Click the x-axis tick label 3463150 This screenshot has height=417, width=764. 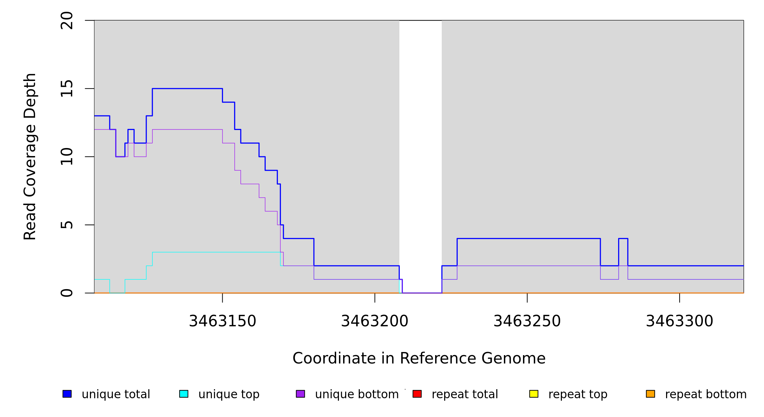point(222,321)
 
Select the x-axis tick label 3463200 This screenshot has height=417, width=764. point(375,321)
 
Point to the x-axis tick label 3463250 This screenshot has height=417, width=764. point(527,321)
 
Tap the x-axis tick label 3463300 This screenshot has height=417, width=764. point(679,321)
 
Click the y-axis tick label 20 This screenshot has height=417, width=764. point(67,21)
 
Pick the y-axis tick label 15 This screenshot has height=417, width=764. point(67,89)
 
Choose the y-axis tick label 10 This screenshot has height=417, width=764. point(67,157)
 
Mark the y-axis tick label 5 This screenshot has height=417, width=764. point(67,225)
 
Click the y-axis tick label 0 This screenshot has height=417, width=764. point(67,293)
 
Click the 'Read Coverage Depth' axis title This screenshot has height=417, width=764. point(30,156)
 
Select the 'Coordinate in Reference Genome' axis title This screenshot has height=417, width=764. point(419,358)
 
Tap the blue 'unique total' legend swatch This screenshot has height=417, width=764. point(67,394)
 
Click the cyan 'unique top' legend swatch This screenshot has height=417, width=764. point(184,394)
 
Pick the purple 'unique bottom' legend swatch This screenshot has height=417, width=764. point(300,394)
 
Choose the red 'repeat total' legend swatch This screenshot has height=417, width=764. point(417,394)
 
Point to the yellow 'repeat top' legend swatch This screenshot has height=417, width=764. point(534,394)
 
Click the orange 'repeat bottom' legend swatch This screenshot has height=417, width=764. point(650,394)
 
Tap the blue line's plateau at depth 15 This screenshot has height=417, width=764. point(188,89)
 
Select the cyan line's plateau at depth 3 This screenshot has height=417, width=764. point(215,252)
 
